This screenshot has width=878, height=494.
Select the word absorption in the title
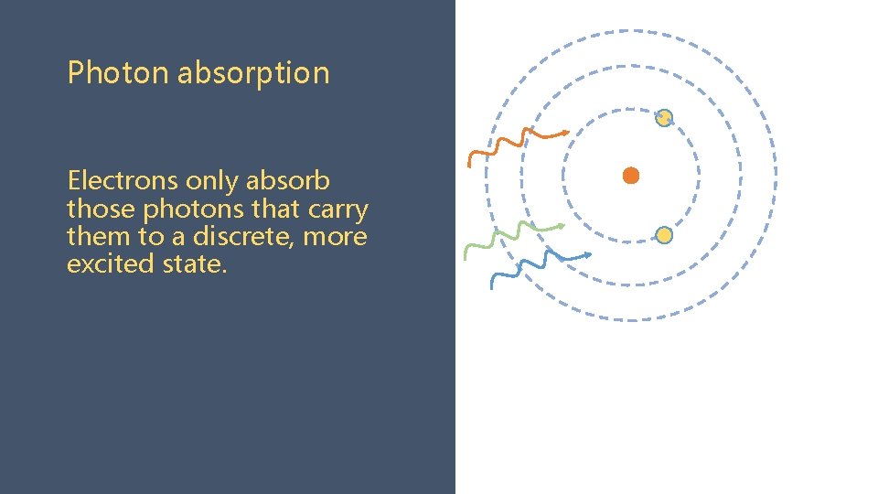point(252,73)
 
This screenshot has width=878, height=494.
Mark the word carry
point(337,209)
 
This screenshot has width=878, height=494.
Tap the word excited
point(102,264)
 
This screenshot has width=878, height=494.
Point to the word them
point(96,237)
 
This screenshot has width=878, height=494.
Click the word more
point(335,238)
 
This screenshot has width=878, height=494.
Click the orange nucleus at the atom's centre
point(631,176)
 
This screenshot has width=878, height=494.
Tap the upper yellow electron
point(665,117)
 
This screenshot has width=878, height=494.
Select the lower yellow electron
point(665,235)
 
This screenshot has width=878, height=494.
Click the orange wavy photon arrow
point(517,142)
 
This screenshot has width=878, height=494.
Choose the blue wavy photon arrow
point(540,264)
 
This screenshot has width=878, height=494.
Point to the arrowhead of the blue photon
point(587,254)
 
